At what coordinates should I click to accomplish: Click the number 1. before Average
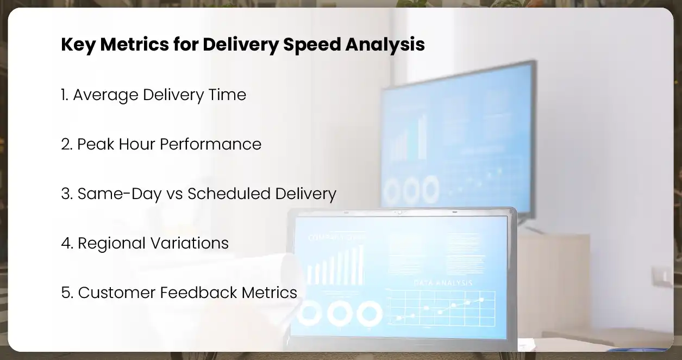tap(65, 95)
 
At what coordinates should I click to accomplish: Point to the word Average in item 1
tap(105, 95)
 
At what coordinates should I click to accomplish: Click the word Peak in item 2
tap(94, 144)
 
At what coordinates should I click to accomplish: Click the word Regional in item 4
tap(109, 243)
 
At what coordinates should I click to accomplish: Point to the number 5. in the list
tap(67, 293)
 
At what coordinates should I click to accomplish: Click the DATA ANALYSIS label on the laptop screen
tap(443, 283)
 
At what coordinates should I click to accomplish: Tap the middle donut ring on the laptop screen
tap(340, 313)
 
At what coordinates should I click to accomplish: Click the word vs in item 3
tap(174, 194)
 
